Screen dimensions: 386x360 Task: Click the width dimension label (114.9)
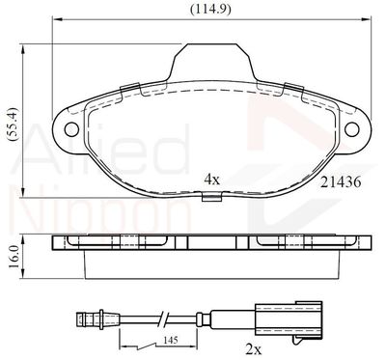coord(210,10)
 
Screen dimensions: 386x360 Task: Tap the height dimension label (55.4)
coord(14,125)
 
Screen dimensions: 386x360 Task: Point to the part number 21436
coord(341,182)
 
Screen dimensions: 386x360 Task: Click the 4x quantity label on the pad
coord(212,180)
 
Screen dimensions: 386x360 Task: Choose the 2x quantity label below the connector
coord(254,349)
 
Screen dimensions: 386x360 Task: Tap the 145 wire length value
coord(170,340)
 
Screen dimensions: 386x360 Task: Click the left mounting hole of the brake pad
coord(71,129)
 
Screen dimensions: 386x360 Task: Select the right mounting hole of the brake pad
coord(351,129)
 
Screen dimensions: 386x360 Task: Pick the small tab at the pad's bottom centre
coord(211,197)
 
